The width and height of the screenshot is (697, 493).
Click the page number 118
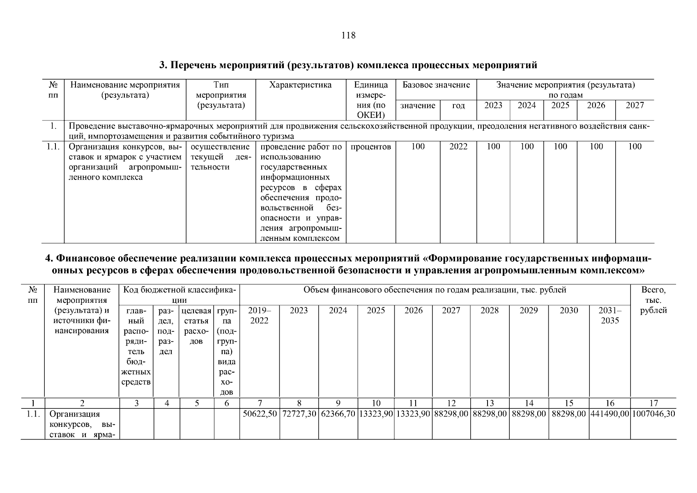(x=348, y=35)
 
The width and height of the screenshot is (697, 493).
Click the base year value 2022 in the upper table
(x=458, y=147)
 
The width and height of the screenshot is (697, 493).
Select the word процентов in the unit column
(x=370, y=147)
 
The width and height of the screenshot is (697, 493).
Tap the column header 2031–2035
(x=610, y=316)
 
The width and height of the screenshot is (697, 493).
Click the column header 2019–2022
(x=260, y=316)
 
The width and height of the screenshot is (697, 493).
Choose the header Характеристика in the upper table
(x=300, y=85)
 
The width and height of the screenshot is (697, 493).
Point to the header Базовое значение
(x=436, y=85)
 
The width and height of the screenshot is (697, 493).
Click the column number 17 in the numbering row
(x=653, y=403)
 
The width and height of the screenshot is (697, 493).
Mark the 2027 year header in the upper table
(x=635, y=105)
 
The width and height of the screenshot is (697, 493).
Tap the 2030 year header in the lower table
(x=569, y=311)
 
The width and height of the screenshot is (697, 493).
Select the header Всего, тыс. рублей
(x=653, y=300)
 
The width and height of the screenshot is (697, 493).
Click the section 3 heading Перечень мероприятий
(x=348, y=65)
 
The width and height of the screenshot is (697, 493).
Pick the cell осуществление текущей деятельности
(x=221, y=157)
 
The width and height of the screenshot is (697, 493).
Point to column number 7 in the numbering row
(x=260, y=403)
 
